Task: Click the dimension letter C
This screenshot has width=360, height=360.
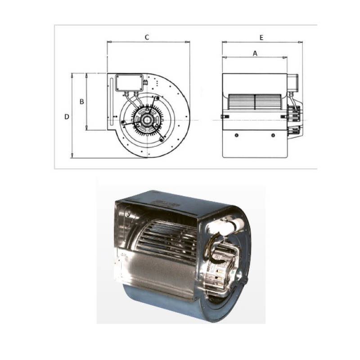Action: [147, 37]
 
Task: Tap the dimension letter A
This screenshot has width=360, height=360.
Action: [255, 53]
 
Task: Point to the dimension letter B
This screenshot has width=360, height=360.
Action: [81, 102]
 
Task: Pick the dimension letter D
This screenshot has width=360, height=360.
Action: [66, 117]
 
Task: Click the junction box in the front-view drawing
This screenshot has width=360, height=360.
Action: [129, 83]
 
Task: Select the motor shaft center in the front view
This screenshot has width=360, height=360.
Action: [147, 120]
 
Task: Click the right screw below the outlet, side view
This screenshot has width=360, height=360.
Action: [273, 135]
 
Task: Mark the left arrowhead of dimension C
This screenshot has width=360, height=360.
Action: [109, 43]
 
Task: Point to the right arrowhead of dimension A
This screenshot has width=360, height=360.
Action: [285, 58]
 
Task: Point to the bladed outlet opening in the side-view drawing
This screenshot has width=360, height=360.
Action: [256, 102]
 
